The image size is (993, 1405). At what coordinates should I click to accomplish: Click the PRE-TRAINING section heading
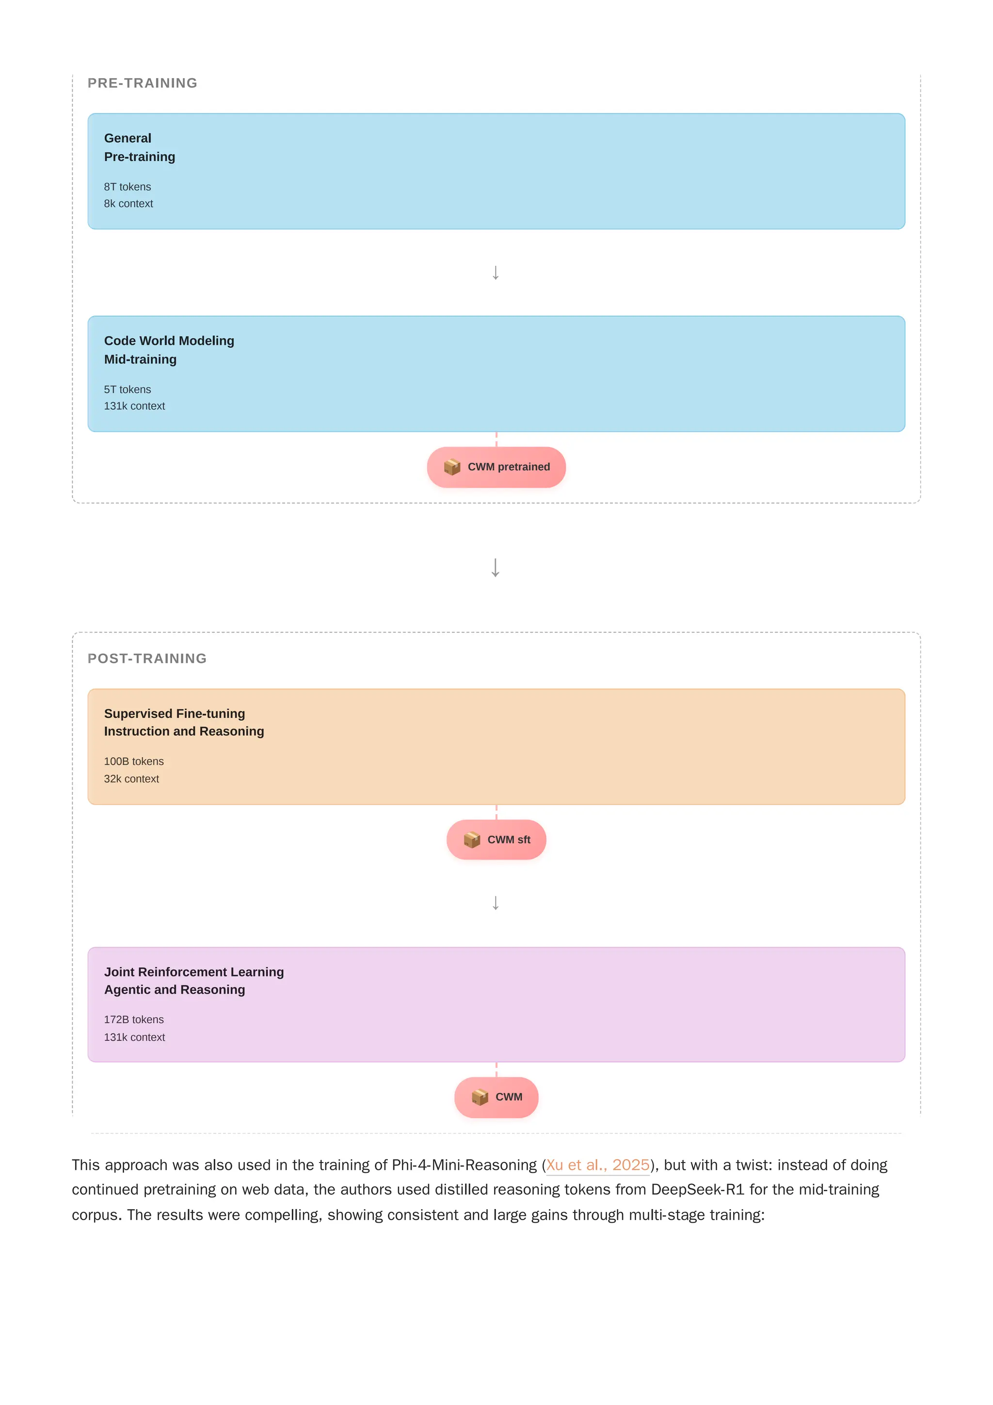pos(142,83)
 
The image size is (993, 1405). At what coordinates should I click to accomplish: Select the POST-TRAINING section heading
pos(147,659)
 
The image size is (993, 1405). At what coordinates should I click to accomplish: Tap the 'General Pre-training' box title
pos(140,147)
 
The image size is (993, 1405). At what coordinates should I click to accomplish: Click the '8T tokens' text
pos(127,187)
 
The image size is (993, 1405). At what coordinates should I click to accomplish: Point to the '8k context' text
pos(128,204)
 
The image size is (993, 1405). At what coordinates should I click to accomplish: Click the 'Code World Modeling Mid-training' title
pos(169,350)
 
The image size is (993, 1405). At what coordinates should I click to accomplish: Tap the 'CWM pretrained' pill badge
pos(496,467)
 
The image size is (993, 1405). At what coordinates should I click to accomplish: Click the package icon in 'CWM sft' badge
pos(472,840)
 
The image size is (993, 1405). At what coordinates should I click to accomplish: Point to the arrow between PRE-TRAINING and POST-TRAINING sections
pos(496,567)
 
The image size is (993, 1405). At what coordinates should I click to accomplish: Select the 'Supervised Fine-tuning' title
pos(175,713)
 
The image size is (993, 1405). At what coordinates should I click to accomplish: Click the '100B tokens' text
pos(133,761)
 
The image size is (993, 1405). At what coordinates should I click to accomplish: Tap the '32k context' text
pos(131,779)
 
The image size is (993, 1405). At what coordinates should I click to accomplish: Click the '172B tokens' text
pos(133,1019)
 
